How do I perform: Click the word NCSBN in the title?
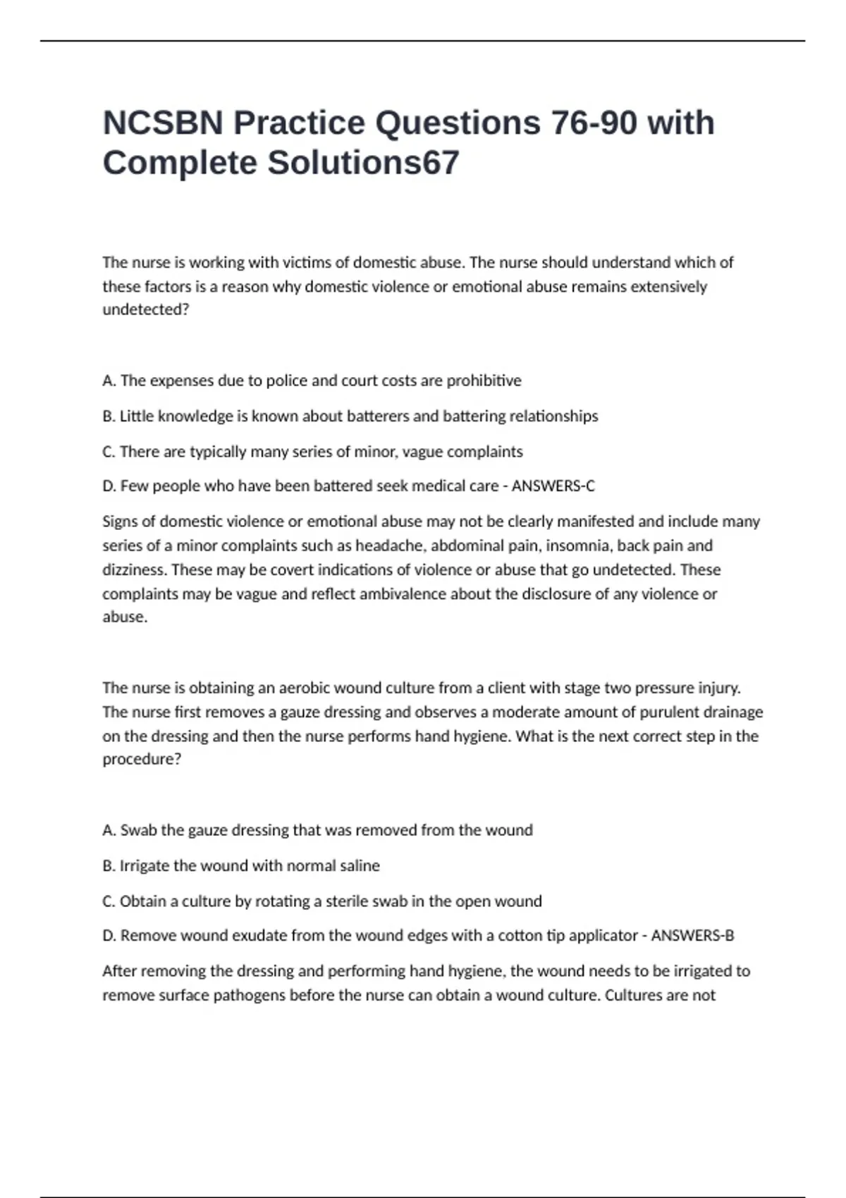(162, 123)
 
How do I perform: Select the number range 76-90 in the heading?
(592, 123)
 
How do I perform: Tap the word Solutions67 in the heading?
(363, 163)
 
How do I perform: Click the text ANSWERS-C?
(553, 486)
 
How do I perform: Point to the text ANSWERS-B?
(692, 936)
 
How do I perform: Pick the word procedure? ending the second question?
(142, 760)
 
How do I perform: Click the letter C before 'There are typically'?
(108, 452)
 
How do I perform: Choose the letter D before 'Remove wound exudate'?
(109, 936)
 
